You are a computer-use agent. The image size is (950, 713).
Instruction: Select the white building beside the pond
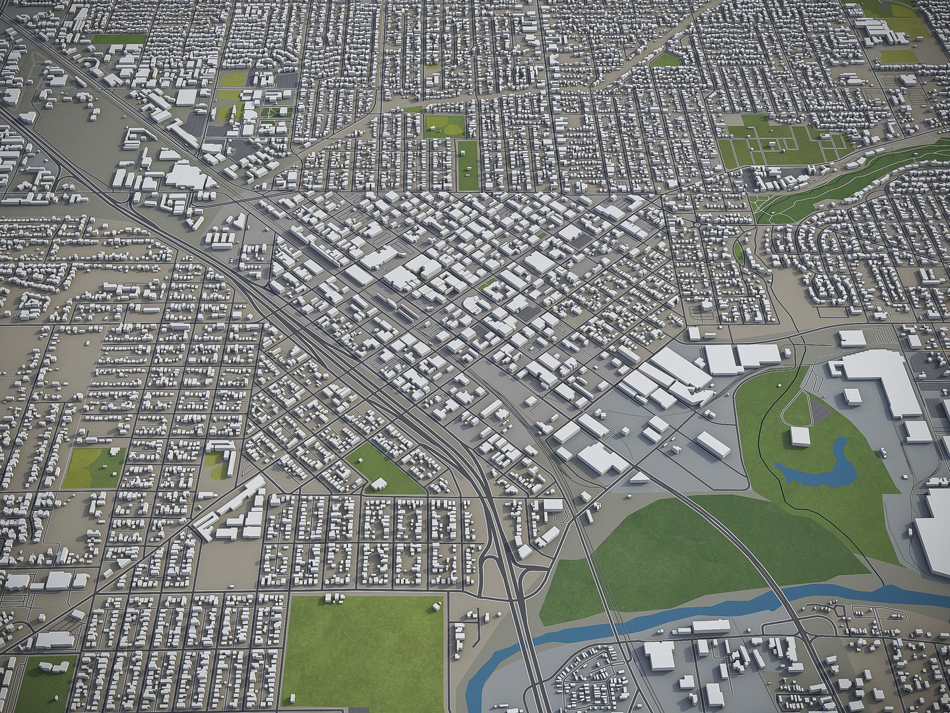(800, 436)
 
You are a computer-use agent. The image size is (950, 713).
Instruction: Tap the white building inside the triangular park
(379, 485)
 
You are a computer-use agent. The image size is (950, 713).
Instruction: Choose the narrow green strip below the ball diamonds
(468, 164)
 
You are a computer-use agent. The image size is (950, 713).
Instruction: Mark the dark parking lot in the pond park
(819, 413)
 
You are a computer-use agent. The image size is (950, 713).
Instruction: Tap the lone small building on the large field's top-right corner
(437, 606)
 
